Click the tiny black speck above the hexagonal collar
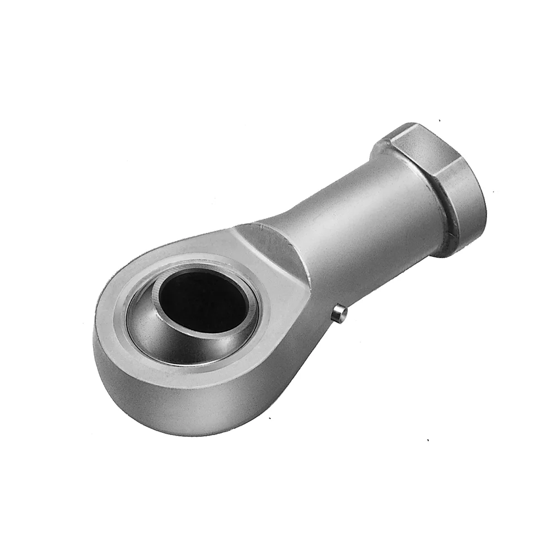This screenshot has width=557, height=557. (x=439, y=120)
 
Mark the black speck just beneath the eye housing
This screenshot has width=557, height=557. (x=270, y=418)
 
